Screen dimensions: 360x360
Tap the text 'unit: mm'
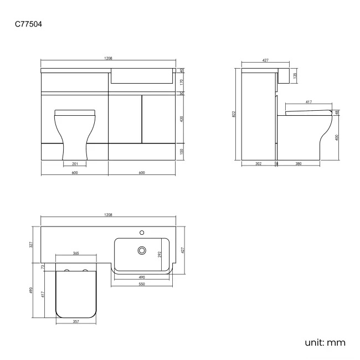325,342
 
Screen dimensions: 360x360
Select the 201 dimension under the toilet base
74,163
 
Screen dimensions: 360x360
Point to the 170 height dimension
182,81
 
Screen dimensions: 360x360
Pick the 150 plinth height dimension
182,151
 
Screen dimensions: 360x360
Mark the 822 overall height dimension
235,115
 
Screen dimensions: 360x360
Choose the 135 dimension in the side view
295,74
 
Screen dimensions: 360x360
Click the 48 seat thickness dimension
337,113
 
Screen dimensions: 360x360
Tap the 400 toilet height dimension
337,137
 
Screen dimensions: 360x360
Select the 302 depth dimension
259,163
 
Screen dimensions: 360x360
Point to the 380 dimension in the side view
299,163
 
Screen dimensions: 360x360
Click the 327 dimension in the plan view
32,244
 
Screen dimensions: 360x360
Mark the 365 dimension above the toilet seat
75,254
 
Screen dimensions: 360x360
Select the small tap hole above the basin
142,233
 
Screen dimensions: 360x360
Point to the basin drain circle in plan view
142,250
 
